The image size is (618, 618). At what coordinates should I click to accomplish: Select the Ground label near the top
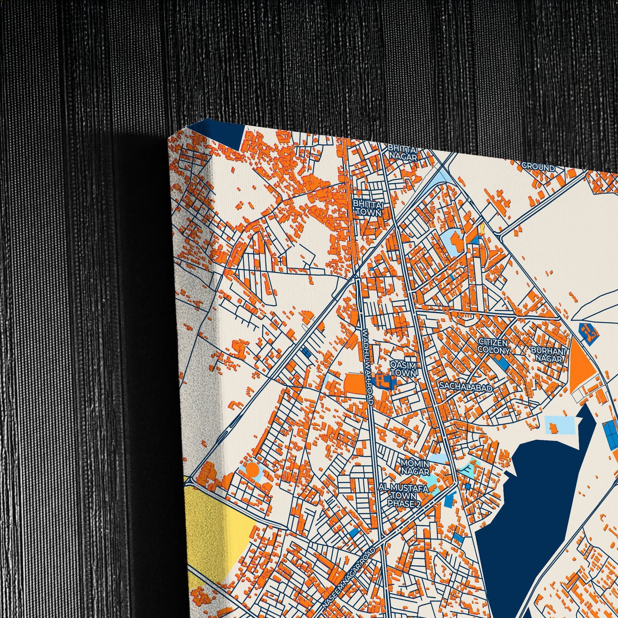coord(538,167)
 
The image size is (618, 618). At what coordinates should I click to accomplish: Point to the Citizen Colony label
coord(493,346)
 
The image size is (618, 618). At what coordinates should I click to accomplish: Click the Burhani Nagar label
coord(548,354)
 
